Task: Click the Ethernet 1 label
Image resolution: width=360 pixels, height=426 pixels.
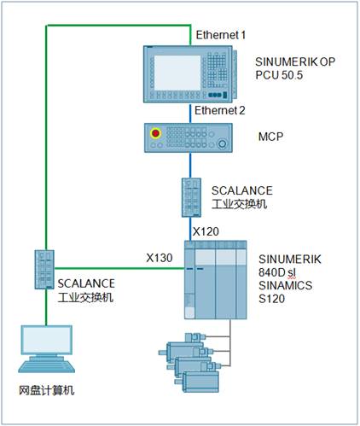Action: click(x=221, y=35)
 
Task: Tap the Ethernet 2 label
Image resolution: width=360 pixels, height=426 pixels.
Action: click(x=220, y=110)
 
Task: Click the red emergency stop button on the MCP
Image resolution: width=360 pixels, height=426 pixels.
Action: click(x=155, y=133)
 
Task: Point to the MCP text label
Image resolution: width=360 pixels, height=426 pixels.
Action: click(x=270, y=137)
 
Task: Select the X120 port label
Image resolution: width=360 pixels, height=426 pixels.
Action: click(x=206, y=231)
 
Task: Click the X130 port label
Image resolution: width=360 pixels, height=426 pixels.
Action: click(x=160, y=258)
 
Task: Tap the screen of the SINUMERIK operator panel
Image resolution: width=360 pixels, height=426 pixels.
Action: click(x=177, y=73)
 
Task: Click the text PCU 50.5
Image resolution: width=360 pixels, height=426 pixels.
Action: click(x=279, y=75)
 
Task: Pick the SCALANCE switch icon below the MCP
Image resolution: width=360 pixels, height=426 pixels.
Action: click(x=191, y=197)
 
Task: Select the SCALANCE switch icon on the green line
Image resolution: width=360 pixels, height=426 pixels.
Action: click(x=44, y=270)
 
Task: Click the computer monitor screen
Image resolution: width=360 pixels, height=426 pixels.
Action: click(x=47, y=340)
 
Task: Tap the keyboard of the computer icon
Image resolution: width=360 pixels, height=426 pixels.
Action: click(x=47, y=366)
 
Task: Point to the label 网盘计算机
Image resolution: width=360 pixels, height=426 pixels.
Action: click(x=47, y=390)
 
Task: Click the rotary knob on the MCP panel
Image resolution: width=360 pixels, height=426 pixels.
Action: click(x=223, y=143)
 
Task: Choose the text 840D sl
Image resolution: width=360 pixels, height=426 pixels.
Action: click(x=277, y=272)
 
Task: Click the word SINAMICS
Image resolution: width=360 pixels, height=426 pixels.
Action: click(x=285, y=285)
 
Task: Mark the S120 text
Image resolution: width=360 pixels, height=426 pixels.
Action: click(x=271, y=299)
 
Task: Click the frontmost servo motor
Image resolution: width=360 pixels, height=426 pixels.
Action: click(x=198, y=382)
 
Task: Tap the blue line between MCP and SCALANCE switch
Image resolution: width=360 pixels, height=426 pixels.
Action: click(x=190, y=166)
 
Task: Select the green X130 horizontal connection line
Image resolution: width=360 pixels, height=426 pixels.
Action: click(x=119, y=268)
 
